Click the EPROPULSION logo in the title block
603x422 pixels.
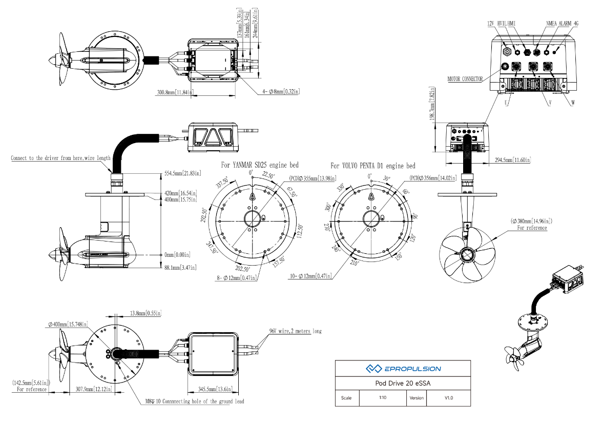tap(403, 368)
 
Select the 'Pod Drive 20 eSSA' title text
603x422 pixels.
tap(403, 383)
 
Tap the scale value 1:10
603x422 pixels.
tap(382, 398)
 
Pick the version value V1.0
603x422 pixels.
tap(448, 398)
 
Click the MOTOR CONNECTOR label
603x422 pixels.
tap(465, 79)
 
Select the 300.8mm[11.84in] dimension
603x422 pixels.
tap(175, 93)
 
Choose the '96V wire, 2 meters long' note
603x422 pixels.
tap(296, 331)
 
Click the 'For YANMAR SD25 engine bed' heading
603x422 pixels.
tap(260, 165)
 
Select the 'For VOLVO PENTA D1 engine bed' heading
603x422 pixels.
tap(373, 166)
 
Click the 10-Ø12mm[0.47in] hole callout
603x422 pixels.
tap(309, 276)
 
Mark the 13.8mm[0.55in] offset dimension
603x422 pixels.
tap(145, 313)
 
